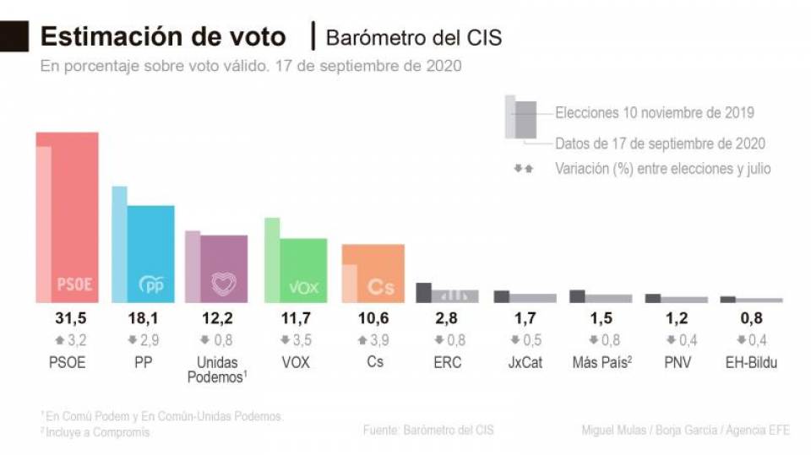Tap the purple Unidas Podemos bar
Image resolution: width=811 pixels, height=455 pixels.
pos(224,268)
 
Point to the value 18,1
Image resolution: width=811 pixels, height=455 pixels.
pos(144,319)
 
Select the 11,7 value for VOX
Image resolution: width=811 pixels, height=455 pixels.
pos(295,319)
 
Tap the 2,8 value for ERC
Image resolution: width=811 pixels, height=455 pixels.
pos(446,319)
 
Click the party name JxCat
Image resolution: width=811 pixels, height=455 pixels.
pos(521,362)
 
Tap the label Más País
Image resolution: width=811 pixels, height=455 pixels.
pos(598,362)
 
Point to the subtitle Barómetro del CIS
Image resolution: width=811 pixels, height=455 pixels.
pos(413,38)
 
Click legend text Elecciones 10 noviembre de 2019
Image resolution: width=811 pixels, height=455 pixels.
pos(654,112)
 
